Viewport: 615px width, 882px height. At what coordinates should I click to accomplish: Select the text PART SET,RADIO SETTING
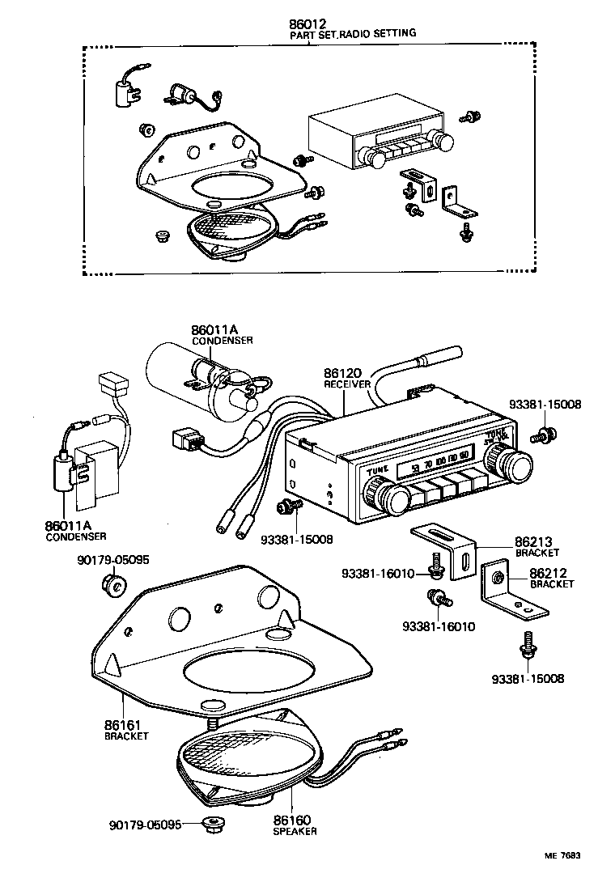(x=353, y=34)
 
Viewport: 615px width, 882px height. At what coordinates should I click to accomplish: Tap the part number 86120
(x=342, y=374)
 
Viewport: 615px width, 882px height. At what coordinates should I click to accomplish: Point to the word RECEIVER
(x=347, y=384)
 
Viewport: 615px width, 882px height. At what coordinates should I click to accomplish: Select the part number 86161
(x=126, y=726)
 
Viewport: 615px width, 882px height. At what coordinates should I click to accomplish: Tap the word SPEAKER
(x=295, y=831)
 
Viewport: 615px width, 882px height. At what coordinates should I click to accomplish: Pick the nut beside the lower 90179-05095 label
(x=214, y=825)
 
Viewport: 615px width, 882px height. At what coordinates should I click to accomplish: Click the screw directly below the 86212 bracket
(x=527, y=647)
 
